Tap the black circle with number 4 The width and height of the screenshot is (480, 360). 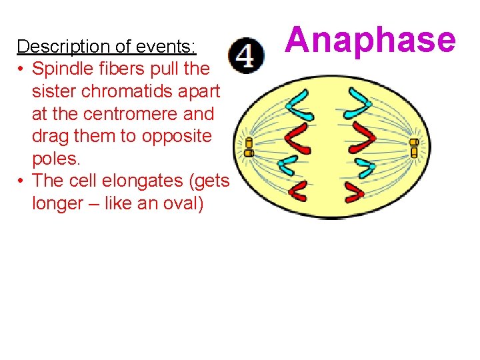[x=245, y=55]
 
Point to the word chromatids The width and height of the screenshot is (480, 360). [x=147, y=91]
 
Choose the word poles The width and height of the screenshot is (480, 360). [x=55, y=159]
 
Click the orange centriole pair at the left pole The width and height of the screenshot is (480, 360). [x=249, y=147]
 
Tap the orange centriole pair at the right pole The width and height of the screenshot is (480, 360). [x=413, y=147]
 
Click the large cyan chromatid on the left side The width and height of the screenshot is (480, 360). [x=298, y=107]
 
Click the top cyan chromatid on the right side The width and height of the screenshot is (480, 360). [x=357, y=100]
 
